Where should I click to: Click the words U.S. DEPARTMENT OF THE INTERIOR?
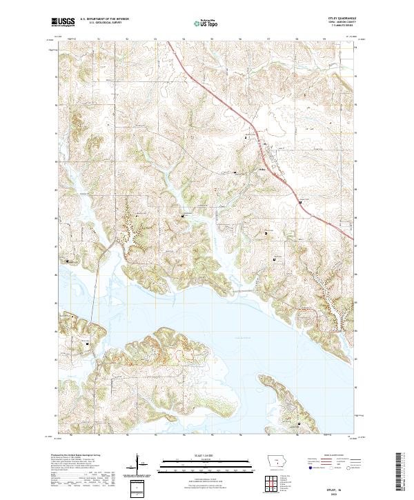coord(103,19)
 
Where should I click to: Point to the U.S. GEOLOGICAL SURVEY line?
coord(101,23)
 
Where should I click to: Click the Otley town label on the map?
coord(263,165)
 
